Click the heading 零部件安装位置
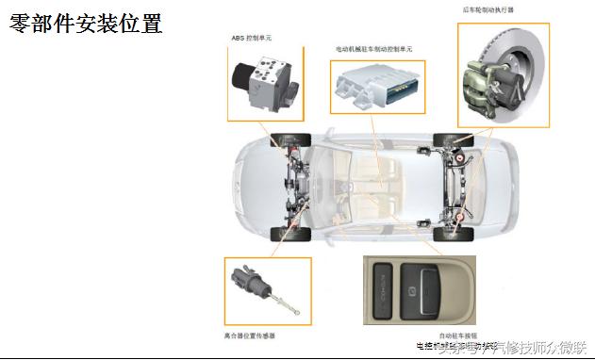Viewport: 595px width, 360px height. coord(86,23)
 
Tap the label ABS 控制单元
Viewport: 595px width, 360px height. coord(251,38)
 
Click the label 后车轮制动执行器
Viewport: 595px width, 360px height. coord(488,10)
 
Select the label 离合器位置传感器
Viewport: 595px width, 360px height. coord(256,334)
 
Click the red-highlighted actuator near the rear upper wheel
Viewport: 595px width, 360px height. coord(459,158)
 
